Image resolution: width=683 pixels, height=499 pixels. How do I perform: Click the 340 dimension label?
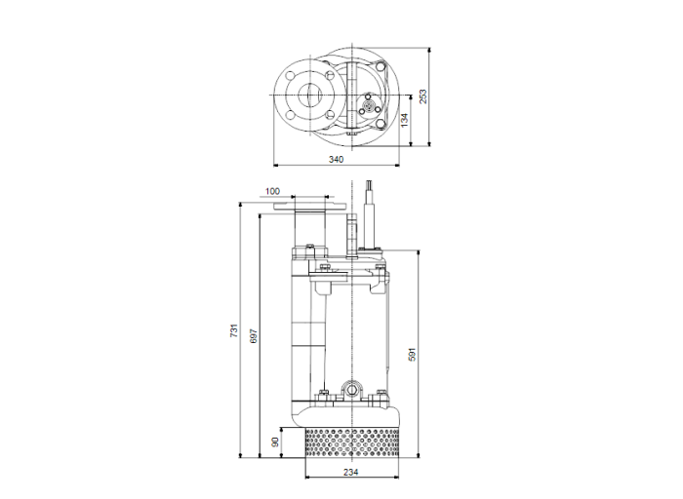click(x=336, y=158)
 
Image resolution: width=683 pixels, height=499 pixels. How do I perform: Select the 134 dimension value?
click(x=404, y=120)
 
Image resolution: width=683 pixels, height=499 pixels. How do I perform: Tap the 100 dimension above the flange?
click(x=272, y=191)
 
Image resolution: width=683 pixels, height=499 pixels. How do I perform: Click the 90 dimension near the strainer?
click(x=276, y=441)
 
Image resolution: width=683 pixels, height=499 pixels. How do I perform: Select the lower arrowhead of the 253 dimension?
click(x=430, y=143)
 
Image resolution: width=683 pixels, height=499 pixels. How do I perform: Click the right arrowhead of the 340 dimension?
click(x=397, y=166)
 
